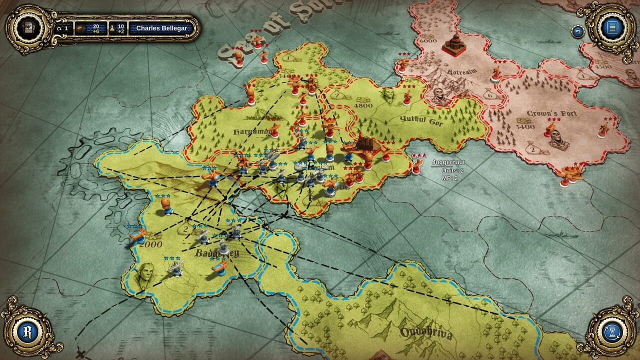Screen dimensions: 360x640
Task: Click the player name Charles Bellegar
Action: click(161, 28)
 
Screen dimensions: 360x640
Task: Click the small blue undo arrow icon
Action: click(578, 31)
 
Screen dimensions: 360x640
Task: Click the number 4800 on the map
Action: click(363, 105)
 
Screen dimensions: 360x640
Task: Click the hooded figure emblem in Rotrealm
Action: click(439, 95)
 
